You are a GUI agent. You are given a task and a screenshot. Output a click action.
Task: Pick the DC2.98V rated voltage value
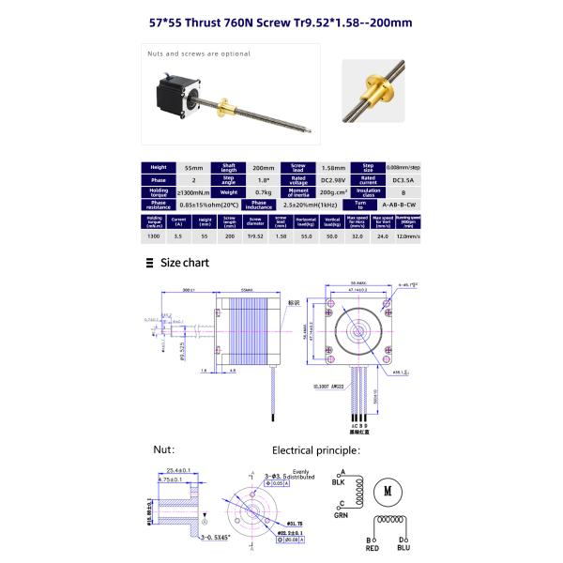[x=317, y=177]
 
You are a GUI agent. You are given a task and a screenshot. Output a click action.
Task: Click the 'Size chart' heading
[x=184, y=264]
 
